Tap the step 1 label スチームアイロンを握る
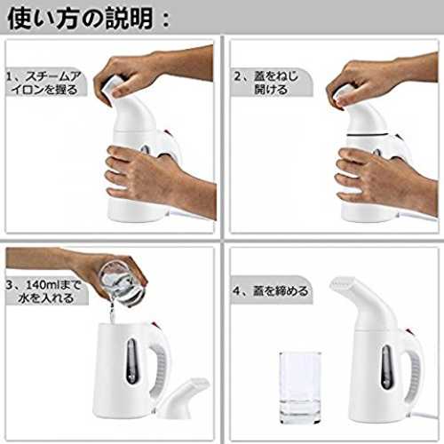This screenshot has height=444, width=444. pyautogui.click(x=44, y=83)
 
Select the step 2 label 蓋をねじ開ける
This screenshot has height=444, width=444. pyautogui.click(x=266, y=83)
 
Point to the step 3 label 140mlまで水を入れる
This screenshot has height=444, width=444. pyautogui.click(x=44, y=291)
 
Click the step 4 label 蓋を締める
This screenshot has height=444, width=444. pyautogui.click(x=270, y=290)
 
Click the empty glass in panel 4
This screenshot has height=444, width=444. pyautogui.click(x=300, y=387)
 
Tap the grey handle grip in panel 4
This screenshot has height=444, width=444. pyautogui.click(x=416, y=374)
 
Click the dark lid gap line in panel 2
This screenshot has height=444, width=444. pyautogui.click(x=368, y=135)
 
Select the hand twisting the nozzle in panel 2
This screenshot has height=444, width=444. pyautogui.click(x=382, y=80)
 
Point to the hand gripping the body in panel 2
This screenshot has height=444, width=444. pyautogui.click(x=388, y=180)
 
